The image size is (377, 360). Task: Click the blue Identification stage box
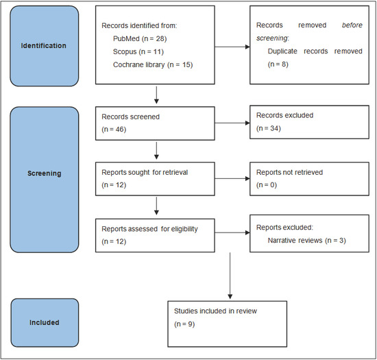point(45,46)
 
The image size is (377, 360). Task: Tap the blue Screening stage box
point(45,180)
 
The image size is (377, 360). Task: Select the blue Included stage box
point(45,323)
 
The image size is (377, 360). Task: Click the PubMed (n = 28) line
point(140,38)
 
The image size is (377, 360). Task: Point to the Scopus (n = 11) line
point(138,51)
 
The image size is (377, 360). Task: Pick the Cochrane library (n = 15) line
point(153,64)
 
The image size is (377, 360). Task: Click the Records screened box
point(155,123)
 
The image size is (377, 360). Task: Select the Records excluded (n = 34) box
point(309,122)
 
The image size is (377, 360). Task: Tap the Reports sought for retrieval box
point(155,179)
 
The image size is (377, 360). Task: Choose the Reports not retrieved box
point(309,179)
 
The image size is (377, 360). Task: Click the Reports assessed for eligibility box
point(155,235)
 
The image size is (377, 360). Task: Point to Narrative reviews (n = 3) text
point(307,241)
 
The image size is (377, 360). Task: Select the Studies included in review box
point(227,324)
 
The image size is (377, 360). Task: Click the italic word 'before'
point(352,25)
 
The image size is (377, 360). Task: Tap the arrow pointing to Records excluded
point(232,123)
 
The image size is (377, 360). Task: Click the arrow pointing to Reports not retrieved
point(232,179)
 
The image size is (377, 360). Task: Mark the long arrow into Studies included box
point(230,276)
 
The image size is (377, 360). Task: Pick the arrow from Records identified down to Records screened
point(156,95)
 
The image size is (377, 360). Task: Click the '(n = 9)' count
point(184,324)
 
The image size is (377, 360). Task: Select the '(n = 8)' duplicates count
point(278,64)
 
